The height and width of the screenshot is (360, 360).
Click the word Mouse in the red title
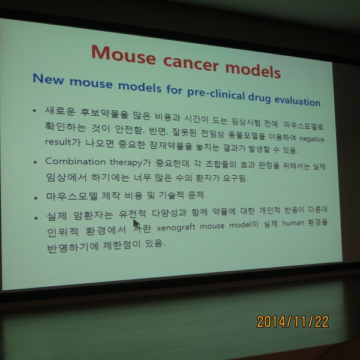(124, 55)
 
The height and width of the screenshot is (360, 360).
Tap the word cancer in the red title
(191, 63)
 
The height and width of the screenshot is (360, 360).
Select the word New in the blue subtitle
(48, 79)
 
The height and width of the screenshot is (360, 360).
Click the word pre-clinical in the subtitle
(216, 93)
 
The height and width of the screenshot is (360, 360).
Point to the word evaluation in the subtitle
(297, 101)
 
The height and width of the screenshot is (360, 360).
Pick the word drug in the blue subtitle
(259, 98)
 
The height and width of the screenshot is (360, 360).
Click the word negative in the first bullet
(311, 139)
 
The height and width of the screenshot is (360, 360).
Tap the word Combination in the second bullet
(76, 161)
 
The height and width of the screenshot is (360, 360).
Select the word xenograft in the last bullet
(176, 227)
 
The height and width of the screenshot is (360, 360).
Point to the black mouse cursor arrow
(136, 223)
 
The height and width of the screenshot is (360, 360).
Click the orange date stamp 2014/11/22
(293, 322)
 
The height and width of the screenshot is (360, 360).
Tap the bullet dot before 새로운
(34, 111)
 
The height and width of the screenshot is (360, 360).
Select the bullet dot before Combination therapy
(35, 163)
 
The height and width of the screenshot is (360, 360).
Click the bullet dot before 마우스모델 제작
(35, 197)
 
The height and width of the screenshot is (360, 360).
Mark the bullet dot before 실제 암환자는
(36, 218)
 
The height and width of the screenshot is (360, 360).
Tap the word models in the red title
(253, 70)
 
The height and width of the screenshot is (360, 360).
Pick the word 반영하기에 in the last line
(73, 247)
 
